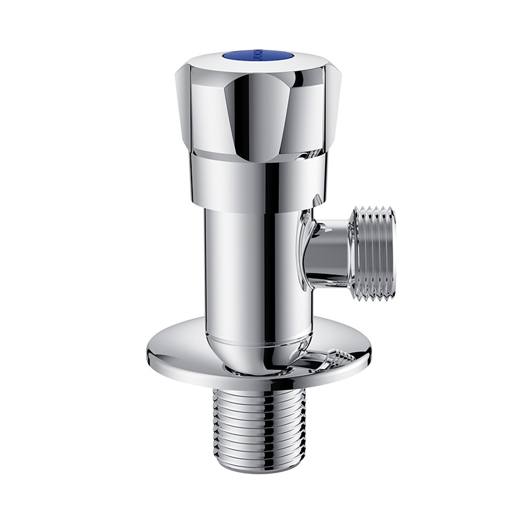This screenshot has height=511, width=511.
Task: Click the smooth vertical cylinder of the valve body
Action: (x=230, y=268)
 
